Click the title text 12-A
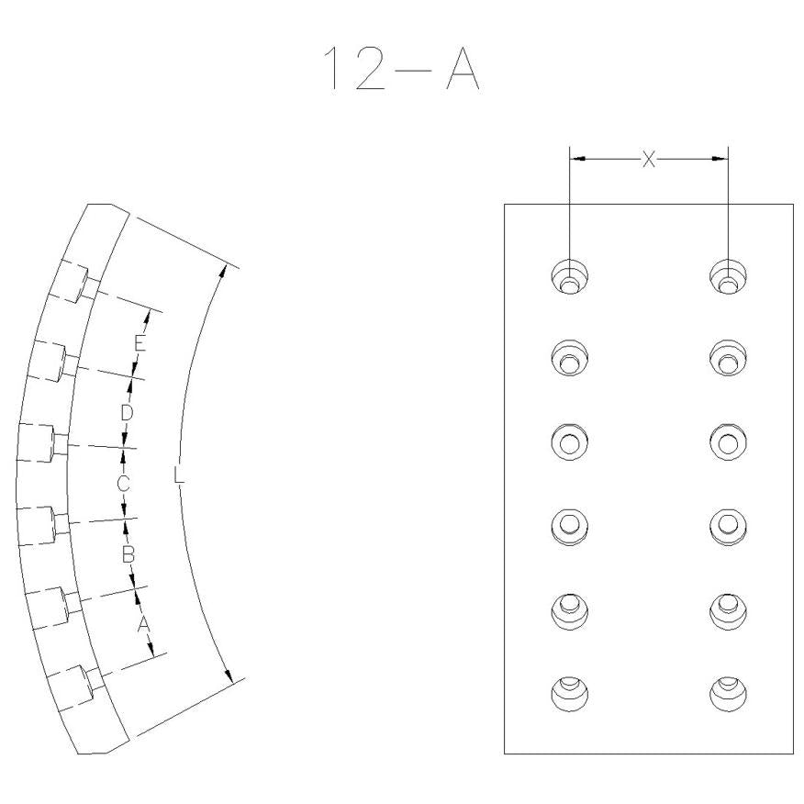click(401, 68)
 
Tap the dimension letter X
click(649, 160)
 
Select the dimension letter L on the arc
click(178, 475)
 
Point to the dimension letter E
click(140, 343)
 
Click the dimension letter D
click(126, 412)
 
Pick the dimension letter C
click(123, 483)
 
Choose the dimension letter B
click(128, 554)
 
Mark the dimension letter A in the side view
click(143, 624)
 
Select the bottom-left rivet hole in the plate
click(570, 694)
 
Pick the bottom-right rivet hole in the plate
click(728, 694)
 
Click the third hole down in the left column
click(570, 442)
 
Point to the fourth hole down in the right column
click(728, 527)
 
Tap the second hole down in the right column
click(728, 357)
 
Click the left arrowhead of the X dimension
click(578, 159)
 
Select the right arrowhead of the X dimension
click(720, 159)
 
